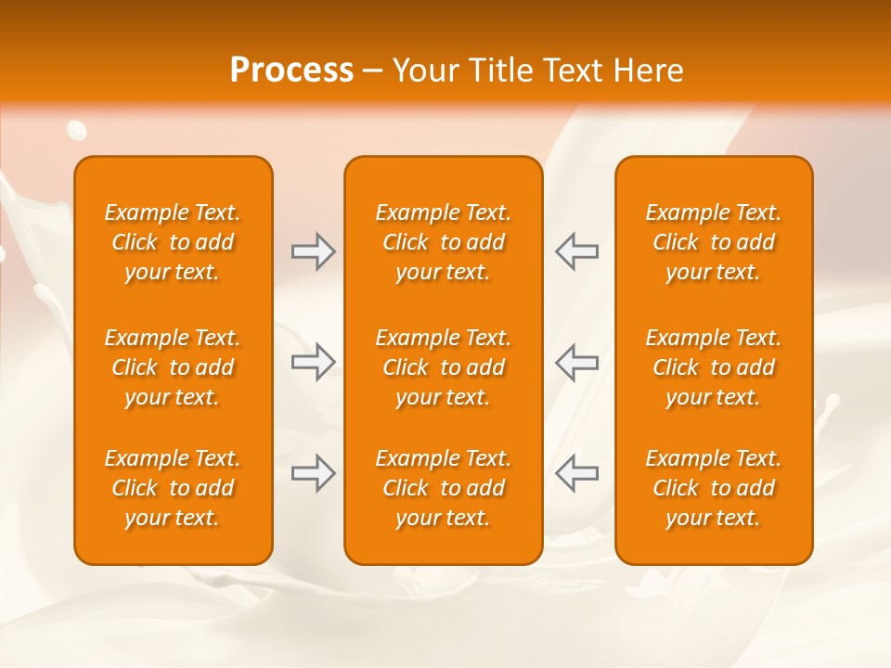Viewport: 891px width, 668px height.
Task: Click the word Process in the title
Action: click(x=291, y=71)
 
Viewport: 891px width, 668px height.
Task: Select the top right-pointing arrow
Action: click(x=313, y=251)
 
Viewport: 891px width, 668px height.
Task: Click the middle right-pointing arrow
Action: click(x=313, y=362)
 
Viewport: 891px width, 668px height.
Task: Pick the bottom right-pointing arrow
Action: click(x=313, y=473)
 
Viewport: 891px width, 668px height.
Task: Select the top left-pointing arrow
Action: click(x=577, y=251)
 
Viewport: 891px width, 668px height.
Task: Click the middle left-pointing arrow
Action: click(x=577, y=362)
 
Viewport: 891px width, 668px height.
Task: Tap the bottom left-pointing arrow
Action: click(x=577, y=473)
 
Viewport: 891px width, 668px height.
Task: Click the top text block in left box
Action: click(x=173, y=242)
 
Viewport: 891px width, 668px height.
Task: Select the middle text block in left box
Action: click(x=173, y=367)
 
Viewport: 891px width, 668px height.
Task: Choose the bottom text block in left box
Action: click(x=173, y=488)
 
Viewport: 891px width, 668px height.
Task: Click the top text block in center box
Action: click(x=444, y=242)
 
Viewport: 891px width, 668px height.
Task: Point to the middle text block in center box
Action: click(x=444, y=367)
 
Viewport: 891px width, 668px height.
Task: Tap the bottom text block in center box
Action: click(x=444, y=488)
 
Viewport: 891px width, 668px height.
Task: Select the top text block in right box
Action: click(x=714, y=242)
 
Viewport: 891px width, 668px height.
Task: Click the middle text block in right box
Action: click(x=714, y=367)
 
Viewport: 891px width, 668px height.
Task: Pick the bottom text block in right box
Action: click(x=714, y=488)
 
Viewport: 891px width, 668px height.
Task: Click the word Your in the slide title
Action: click(x=424, y=71)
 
